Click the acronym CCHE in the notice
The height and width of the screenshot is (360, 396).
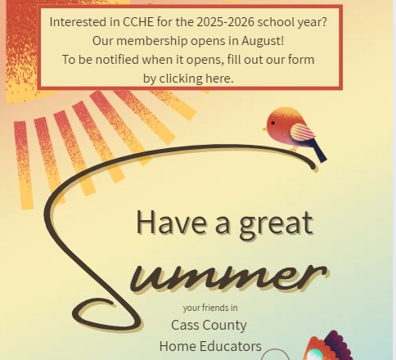click(138, 22)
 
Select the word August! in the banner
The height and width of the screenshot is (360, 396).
click(263, 41)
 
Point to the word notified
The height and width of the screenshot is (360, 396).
click(117, 60)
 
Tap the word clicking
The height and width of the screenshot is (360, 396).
click(181, 79)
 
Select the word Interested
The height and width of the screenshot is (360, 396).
click(79, 22)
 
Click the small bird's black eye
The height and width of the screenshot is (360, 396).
click(272, 123)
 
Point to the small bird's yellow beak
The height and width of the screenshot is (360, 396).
click(265, 129)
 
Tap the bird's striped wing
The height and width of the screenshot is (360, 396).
click(302, 132)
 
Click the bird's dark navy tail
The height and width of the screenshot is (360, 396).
click(318, 151)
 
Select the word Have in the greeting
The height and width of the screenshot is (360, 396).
click(172, 222)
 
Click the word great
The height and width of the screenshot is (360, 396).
click(276, 225)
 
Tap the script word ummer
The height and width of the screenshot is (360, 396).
click(229, 277)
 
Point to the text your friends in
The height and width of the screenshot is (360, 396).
click(210, 308)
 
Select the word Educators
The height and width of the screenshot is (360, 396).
click(231, 346)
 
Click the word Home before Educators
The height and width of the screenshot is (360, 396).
click(178, 346)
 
